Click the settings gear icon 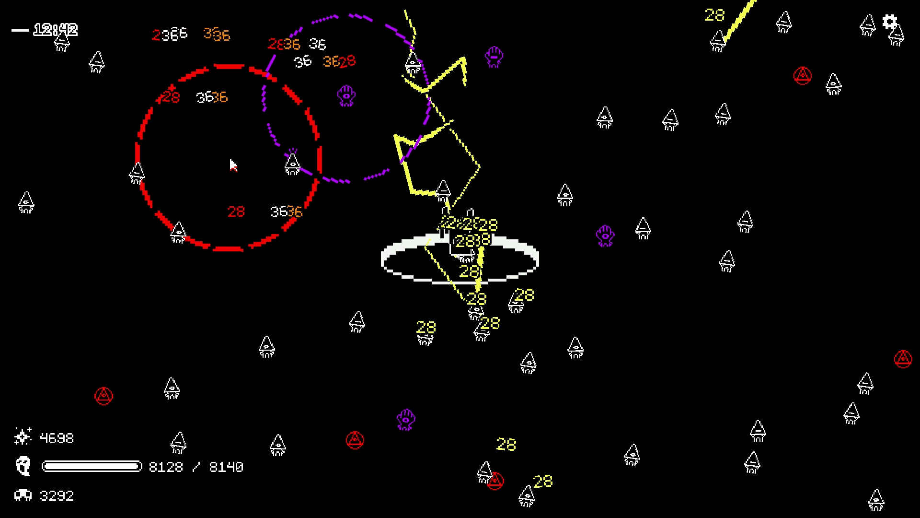pos(889,22)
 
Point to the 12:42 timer pos(56,30)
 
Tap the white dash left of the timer pos(20,30)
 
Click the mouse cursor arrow pos(233,165)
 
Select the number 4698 pos(57,438)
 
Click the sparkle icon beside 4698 pos(23,436)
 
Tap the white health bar pos(92,467)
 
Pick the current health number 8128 pos(166,467)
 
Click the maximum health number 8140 pos(226,467)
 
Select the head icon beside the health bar pos(23,466)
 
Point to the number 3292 pos(57,496)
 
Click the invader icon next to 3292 pos(23,495)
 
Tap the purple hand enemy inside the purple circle pos(346,96)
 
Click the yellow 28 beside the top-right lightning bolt pos(714,15)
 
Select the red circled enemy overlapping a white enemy pos(495,481)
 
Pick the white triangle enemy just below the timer pos(62,43)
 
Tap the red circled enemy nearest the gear pos(802,76)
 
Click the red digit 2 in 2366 pos(156,35)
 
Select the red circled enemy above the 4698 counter pos(103,396)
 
